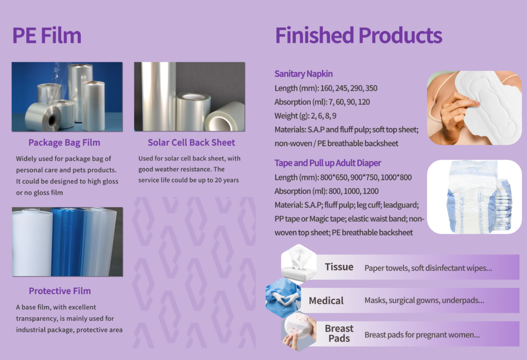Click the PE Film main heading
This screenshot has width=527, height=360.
tap(47, 35)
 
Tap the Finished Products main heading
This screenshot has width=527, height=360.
tap(359, 35)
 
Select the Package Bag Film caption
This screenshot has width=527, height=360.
tap(64, 143)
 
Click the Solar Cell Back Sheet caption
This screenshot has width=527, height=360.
tap(191, 142)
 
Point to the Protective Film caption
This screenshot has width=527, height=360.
tap(60, 291)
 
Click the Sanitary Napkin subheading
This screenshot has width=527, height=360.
tap(304, 74)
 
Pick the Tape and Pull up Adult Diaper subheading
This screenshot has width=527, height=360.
tap(328, 163)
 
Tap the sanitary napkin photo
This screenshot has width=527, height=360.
tap(474, 108)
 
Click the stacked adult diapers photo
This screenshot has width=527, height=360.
tap(474, 197)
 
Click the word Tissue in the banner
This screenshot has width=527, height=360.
tap(339, 267)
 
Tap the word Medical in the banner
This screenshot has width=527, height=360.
tap(326, 300)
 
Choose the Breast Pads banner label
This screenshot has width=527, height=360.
tap(339, 333)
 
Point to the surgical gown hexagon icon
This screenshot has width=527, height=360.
tap(284, 298)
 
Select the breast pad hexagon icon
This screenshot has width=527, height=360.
tap(299, 333)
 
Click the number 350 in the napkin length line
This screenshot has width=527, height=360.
tap(372, 88)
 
